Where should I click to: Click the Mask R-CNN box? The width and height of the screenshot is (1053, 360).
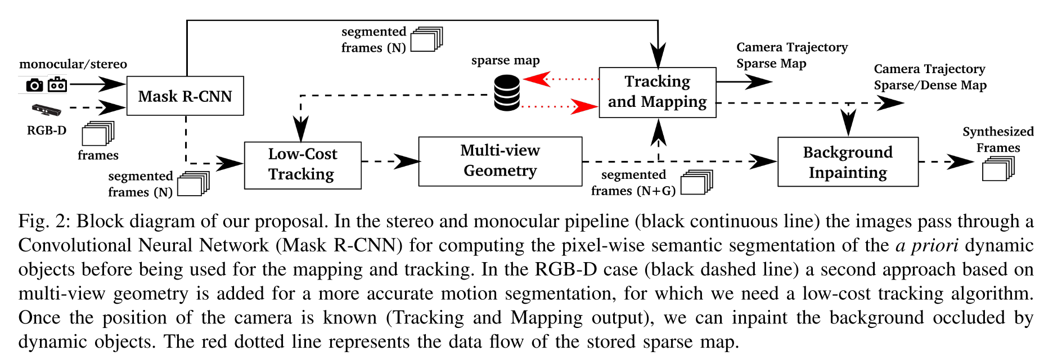[185, 96]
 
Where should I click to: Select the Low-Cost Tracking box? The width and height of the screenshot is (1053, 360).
[303, 165]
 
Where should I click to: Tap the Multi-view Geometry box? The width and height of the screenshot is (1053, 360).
[500, 161]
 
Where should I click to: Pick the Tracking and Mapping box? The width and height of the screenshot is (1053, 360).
[658, 92]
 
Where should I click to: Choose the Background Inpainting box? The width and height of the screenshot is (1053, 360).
[848, 162]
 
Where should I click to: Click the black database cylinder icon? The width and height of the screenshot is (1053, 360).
[507, 93]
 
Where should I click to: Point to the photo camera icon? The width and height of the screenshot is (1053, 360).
[34, 85]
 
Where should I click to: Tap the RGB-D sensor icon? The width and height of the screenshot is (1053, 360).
[46, 110]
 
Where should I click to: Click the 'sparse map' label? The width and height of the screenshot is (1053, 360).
[505, 61]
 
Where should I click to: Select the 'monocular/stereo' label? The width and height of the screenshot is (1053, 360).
[73, 64]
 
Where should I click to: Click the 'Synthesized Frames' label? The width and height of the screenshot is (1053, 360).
[998, 139]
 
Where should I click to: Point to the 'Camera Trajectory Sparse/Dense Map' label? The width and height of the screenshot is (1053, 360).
[930, 77]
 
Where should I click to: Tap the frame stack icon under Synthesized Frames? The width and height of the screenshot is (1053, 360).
[998, 168]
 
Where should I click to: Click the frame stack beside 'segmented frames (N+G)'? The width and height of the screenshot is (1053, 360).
[696, 182]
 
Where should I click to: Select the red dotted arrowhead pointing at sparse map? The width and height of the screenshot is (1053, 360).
[536, 79]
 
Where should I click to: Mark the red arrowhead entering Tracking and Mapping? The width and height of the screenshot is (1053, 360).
[584, 106]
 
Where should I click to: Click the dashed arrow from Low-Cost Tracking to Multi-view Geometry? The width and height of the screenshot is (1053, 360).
[391, 161]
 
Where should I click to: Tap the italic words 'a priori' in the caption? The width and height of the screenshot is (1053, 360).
[928, 245]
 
